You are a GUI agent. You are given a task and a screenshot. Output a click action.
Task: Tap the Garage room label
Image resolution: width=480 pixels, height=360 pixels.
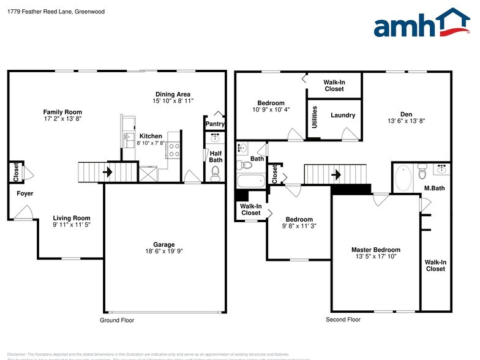163,244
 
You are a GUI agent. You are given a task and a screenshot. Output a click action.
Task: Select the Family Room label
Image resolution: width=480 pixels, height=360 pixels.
62,112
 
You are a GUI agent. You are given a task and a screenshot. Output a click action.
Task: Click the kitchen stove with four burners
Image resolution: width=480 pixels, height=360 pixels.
173,147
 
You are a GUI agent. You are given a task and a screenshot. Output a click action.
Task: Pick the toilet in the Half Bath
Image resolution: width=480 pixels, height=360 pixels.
214,176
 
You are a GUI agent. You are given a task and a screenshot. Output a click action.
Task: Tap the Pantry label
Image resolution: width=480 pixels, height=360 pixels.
215,124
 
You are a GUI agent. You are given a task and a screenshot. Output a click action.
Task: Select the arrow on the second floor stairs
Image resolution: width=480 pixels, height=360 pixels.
336,174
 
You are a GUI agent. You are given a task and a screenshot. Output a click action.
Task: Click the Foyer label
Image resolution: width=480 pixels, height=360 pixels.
25,193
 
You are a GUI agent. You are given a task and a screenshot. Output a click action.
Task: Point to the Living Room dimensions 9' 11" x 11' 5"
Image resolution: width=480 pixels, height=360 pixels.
72,225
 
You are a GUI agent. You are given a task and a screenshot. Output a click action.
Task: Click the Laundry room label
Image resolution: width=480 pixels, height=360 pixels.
343,115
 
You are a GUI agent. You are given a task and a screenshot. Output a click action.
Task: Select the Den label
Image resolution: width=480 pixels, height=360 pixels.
406,114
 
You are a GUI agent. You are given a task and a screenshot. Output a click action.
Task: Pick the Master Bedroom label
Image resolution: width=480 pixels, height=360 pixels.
375,250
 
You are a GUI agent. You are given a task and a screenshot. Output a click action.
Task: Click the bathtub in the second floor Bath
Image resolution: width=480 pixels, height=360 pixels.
250,181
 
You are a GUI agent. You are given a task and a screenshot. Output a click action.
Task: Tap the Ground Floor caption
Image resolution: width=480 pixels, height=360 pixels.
117,320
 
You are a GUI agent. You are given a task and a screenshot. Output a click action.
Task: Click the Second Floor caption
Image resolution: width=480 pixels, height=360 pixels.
343,320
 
